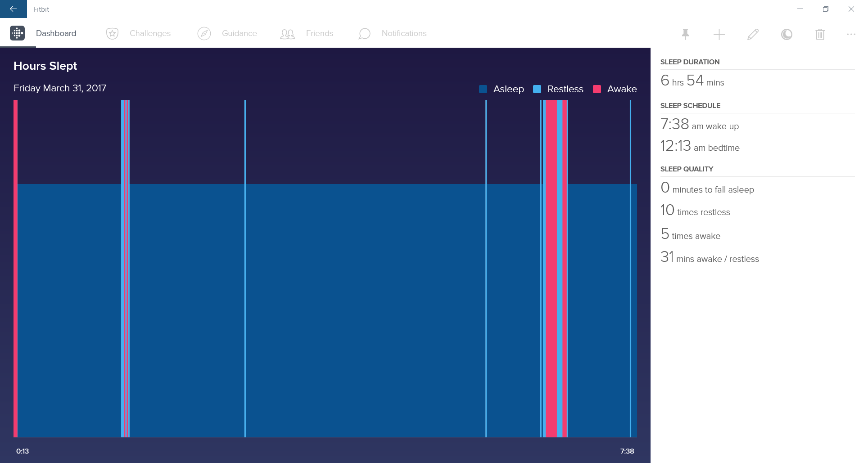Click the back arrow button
point(13,9)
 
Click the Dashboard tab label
point(56,33)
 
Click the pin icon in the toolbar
point(685,34)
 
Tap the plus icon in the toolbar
point(719,34)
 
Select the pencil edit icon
point(753,34)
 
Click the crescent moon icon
point(787,34)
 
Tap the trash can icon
point(820,34)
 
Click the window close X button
point(851,9)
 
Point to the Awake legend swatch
point(597,89)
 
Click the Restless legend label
point(565,89)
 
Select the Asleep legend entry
point(508,89)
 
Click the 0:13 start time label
point(23,451)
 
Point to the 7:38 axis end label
point(627,451)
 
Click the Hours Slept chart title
point(45,66)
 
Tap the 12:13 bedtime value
point(675,146)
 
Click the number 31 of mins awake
point(667,257)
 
